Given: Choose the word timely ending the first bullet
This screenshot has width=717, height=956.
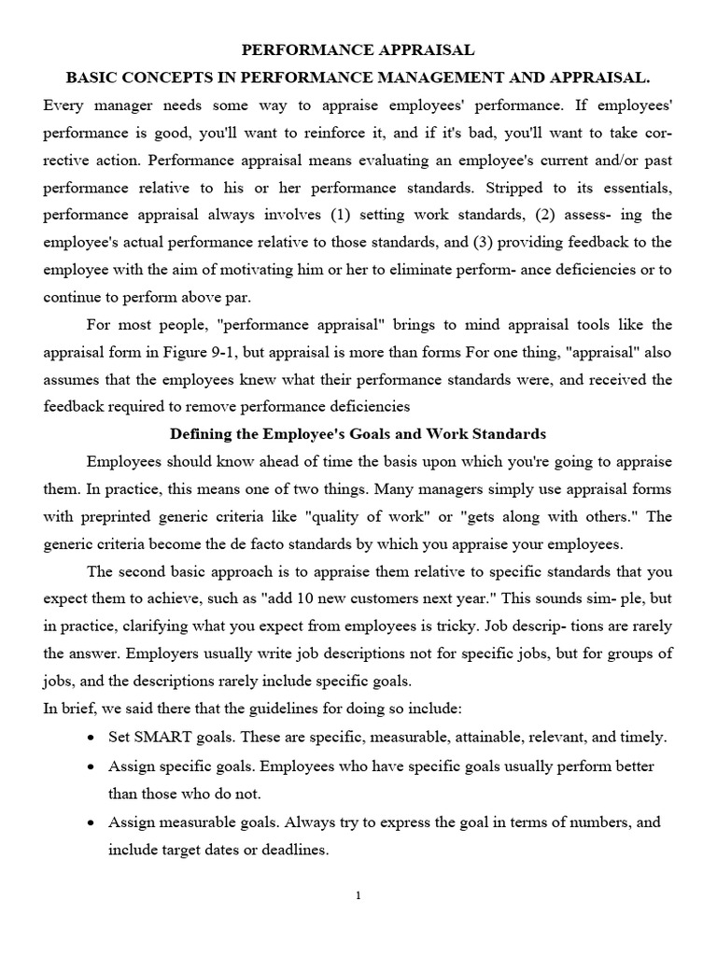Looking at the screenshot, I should tap(644, 737).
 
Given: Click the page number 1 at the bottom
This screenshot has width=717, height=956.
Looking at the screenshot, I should tap(358, 896).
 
